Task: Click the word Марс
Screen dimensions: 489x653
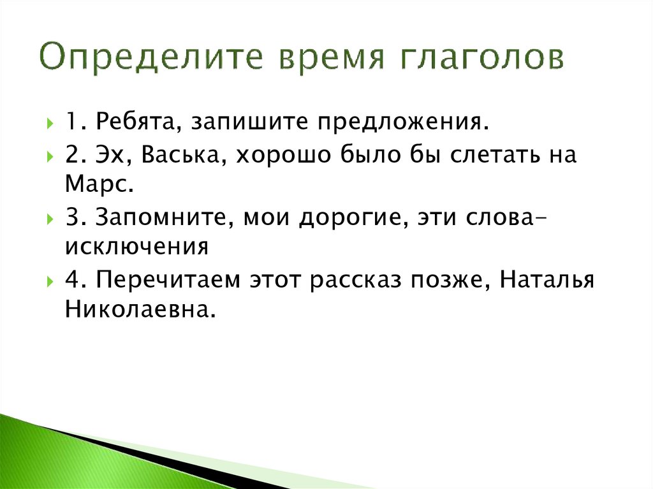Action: coord(99,184)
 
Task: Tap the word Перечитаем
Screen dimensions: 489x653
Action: coord(163,281)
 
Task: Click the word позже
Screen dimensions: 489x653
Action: coord(456,281)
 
